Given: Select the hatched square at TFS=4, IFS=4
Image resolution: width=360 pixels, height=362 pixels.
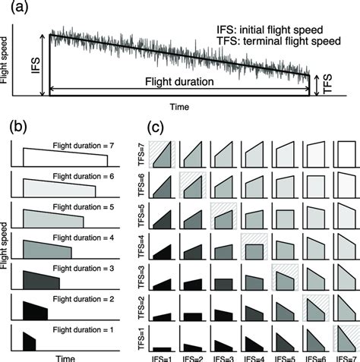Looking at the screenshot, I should coord(254,249).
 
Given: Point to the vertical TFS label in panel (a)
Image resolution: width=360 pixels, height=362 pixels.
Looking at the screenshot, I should coord(327,85).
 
